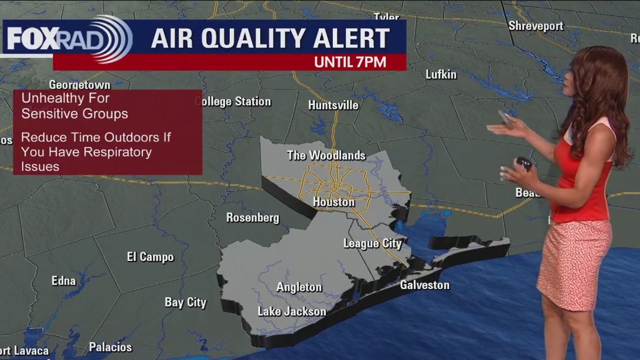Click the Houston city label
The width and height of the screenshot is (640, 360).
point(333,202)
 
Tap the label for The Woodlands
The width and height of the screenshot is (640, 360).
point(326,155)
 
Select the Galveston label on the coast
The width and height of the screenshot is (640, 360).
point(424,286)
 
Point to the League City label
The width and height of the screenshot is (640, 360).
point(372,243)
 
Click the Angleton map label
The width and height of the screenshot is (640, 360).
point(299,287)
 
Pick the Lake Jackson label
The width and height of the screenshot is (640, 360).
point(292,311)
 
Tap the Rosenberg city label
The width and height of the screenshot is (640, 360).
point(253,218)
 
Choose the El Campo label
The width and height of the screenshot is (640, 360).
point(150,257)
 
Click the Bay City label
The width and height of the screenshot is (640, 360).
point(185,303)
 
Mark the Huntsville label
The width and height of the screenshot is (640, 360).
point(333,106)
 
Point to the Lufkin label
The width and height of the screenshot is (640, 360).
point(441,74)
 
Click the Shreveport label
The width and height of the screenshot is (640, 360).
point(536,26)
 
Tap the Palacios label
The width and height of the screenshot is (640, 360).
point(110,347)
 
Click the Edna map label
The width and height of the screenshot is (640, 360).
point(63,281)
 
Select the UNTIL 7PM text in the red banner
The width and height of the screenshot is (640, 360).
point(350,62)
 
